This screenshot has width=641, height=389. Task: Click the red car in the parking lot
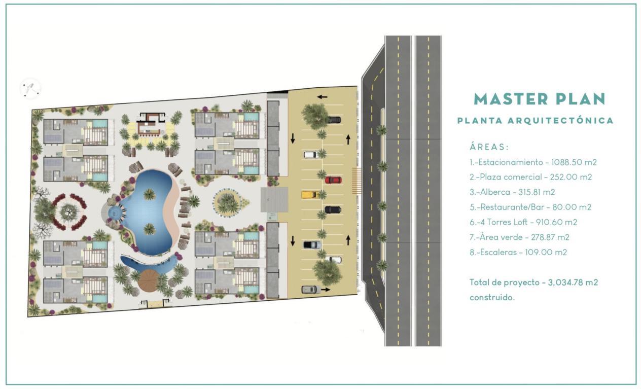333,180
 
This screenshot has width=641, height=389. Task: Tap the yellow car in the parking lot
310,195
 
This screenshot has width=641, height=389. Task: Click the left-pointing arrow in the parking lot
322,97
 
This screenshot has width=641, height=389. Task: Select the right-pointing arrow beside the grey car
326,290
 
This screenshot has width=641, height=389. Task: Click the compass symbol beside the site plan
30,88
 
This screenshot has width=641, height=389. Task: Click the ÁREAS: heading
489,147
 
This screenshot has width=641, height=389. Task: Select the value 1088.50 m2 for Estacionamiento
574,162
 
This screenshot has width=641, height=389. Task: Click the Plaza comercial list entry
530,177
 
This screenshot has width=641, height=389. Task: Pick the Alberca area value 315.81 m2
537,192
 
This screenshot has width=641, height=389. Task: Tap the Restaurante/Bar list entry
530,207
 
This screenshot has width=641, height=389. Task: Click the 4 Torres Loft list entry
523,222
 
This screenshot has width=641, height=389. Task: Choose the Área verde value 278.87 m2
550,237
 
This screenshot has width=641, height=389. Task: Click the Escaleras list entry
518,252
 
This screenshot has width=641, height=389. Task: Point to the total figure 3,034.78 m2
573,282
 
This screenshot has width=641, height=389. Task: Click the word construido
492,298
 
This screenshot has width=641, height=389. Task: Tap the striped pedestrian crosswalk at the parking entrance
357,181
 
